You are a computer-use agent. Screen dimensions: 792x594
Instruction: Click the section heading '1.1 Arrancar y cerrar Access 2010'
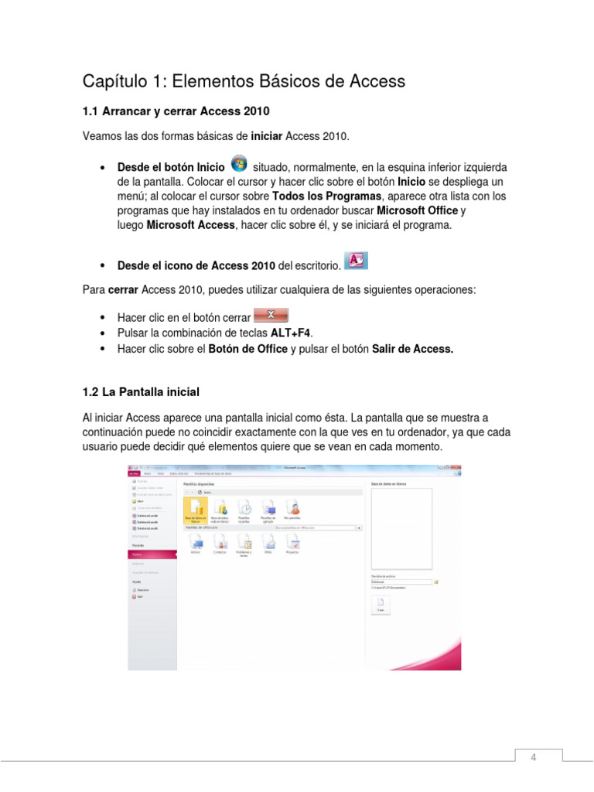(x=176, y=111)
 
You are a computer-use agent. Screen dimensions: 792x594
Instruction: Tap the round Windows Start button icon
(x=239, y=164)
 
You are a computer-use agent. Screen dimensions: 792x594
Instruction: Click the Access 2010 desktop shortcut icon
(x=356, y=261)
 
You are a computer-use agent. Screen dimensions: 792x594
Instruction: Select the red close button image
(x=271, y=315)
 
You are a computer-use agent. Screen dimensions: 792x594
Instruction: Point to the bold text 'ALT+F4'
(x=290, y=332)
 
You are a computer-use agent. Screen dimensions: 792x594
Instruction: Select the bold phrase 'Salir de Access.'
(x=412, y=349)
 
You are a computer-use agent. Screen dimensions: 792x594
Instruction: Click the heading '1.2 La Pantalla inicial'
(x=141, y=391)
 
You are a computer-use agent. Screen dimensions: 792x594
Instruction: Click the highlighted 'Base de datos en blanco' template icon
(x=196, y=510)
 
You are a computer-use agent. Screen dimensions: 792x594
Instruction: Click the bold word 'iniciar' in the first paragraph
(x=267, y=137)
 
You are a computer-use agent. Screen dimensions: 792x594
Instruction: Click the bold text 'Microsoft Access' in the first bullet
(x=191, y=224)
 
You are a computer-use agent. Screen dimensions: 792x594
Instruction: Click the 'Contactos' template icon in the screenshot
(x=220, y=545)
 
